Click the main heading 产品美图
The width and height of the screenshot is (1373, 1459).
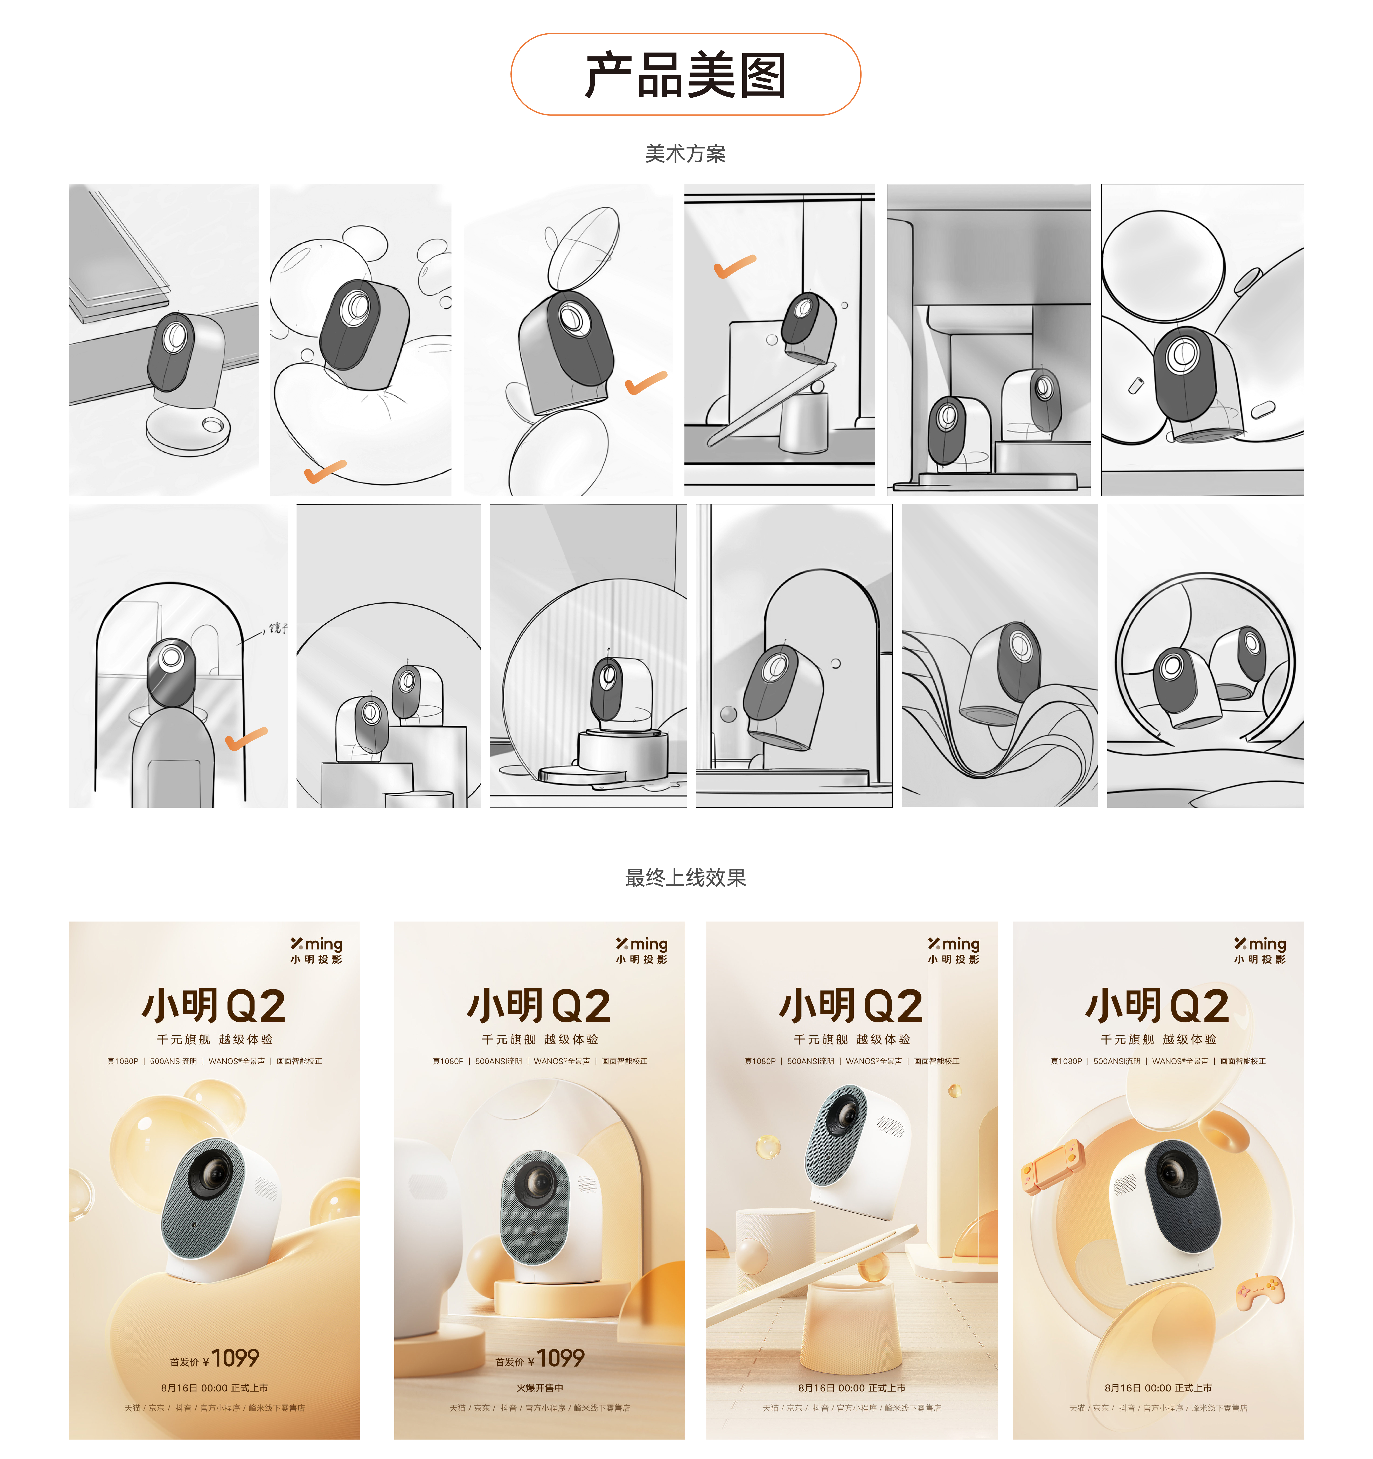pyautogui.click(x=685, y=75)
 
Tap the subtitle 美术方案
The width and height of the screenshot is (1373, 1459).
pyautogui.click(x=685, y=154)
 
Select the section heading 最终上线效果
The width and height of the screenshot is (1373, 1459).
pyautogui.click(x=685, y=878)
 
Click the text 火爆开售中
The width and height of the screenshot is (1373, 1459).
pyautogui.click(x=539, y=1388)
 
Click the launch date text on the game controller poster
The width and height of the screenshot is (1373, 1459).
pyautogui.click(x=1158, y=1388)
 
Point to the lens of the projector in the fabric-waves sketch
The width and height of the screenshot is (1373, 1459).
pyautogui.click(x=1020, y=646)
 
